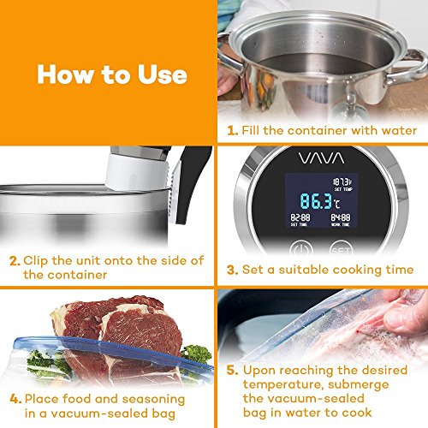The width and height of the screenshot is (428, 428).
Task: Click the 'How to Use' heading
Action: [x=112, y=74]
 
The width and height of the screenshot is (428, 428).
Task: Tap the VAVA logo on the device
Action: [x=321, y=158]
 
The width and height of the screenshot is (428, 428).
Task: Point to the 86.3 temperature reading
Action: [x=316, y=201]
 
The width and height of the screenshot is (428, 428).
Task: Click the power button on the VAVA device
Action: [x=301, y=249]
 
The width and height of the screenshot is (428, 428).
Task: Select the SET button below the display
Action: [x=341, y=249]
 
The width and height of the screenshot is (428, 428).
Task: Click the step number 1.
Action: [x=233, y=131]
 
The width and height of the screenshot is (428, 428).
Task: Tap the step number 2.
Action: [x=15, y=261]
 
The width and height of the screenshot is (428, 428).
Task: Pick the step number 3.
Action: [x=233, y=270]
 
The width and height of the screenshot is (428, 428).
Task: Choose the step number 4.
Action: [x=15, y=399]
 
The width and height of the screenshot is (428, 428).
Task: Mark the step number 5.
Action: [x=233, y=370]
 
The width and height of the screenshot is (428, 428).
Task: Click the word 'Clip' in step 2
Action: [x=35, y=261]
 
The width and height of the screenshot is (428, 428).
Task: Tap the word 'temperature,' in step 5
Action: [x=284, y=385]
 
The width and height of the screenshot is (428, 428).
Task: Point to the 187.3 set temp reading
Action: [x=342, y=182]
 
